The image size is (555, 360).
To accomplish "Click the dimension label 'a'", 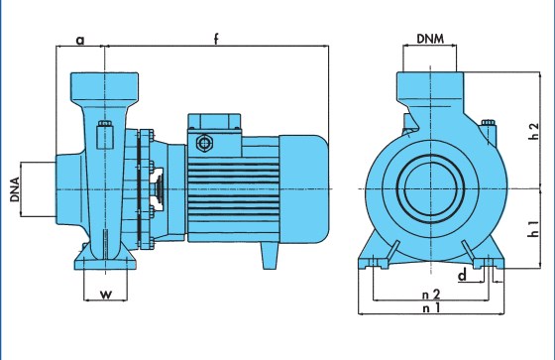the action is point(80,41).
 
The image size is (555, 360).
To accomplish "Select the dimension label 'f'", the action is point(216,39).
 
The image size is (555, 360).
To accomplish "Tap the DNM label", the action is point(430,39).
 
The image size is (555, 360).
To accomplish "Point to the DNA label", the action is point(15,189).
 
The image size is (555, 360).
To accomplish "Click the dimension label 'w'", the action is point(106,295).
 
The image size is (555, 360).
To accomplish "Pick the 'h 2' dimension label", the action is point(533,131).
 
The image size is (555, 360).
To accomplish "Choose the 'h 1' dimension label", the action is point(533,228).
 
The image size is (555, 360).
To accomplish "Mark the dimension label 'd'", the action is point(463,275).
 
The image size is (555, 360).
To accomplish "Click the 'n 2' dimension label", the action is point(431,295).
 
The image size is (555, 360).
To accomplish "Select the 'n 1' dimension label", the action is point(431,307).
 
